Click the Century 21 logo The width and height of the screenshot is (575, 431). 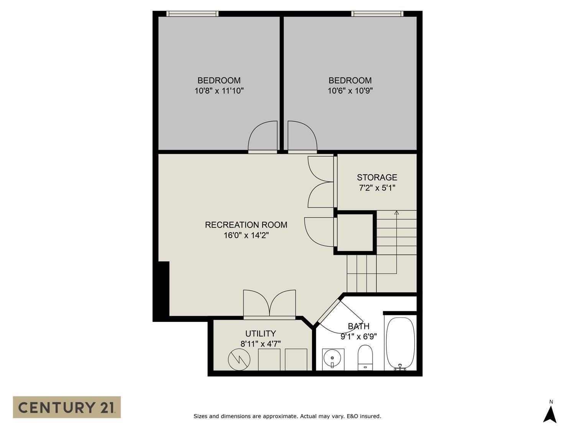tap(67, 407)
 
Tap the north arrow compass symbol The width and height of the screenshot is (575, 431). tap(550, 414)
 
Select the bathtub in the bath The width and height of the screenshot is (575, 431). tap(400, 343)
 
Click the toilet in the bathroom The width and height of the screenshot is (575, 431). tap(365, 357)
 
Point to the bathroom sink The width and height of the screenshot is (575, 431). tap(332, 359)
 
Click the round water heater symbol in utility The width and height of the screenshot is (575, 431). tap(239, 360)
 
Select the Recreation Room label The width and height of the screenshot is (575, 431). tap(246, 225)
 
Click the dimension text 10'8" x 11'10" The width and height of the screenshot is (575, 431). tap(219, 91)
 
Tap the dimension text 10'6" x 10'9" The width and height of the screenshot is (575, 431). tap(350, 91)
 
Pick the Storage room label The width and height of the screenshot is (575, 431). tap(377, 177)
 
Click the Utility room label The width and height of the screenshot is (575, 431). tap(260, 333)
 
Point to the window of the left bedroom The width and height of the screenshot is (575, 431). tap(192, 14)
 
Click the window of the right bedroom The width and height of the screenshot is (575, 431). tap(377, 14)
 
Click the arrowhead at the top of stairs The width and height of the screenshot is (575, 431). tap(396, 212)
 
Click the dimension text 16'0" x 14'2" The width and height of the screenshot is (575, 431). tap(246, 235)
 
